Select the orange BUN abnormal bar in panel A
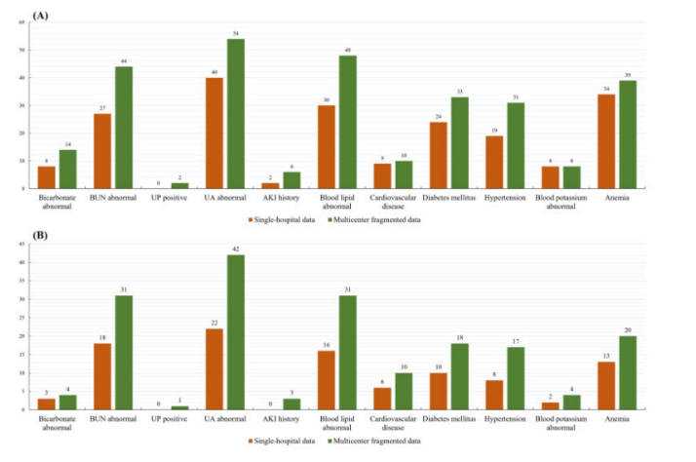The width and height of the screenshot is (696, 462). [x=102, y=151]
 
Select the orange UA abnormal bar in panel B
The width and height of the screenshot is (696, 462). [x=213, y=369]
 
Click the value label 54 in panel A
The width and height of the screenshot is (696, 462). [x=236, y=35]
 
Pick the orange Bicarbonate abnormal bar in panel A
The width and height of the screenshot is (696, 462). [x=46, y=176]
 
